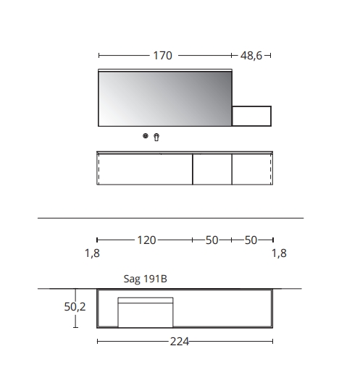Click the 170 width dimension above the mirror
point(162,55)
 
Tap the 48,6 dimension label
point(251,55)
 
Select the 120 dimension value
point(146,240)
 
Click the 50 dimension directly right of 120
point(212,240)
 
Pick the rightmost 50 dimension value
point(251,240)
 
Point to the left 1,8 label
point(91,253)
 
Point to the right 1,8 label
point(279,253)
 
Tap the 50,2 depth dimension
point(74,307)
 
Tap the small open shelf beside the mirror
point(251,116)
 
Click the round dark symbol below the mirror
point(146,136)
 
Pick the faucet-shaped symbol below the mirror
point(156,136)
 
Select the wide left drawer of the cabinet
point(145,169)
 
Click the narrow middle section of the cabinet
point(212,169)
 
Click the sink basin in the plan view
point(146,313)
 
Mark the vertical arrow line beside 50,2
point(75,319)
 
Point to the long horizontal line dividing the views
point(169,218)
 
